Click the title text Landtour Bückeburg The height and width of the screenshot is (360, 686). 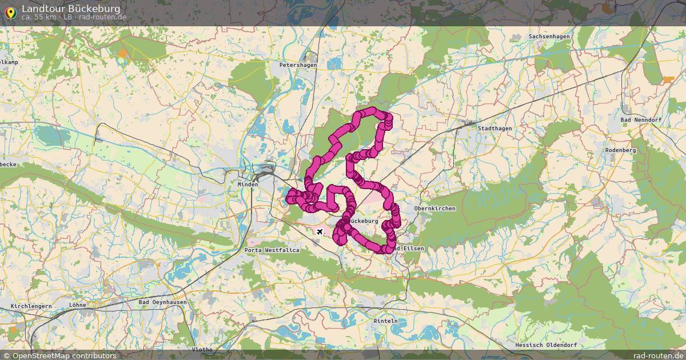point(71,9)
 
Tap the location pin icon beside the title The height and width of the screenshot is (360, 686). point(10,12)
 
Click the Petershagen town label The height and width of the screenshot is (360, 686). point(298,65)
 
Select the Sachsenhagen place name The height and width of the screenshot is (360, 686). point(549,37)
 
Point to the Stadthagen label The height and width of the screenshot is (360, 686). point(494,129)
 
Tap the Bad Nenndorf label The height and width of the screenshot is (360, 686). point(641,119)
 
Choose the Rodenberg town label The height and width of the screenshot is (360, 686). point(620,150)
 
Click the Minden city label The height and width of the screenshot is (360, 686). point(248,185)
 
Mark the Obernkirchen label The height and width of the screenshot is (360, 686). point(434,209)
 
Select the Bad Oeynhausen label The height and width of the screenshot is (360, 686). point(162,302)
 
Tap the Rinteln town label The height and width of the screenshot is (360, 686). point(385,321)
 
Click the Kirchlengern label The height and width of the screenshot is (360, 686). point(31,306)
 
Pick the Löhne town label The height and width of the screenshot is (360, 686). point(77,305)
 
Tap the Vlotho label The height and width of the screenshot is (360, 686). point(202,349)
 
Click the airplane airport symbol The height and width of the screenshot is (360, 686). point(319,231)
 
